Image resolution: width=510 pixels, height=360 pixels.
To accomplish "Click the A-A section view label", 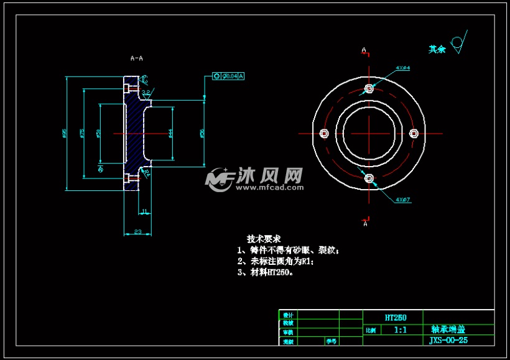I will (136, 58).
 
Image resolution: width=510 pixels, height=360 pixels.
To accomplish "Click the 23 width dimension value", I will (138, 232).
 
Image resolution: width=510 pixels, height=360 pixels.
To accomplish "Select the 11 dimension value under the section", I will (144, 212).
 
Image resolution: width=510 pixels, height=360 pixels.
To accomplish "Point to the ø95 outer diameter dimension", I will (65, 133).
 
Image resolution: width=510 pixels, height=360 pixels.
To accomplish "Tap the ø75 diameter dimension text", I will (82, 133).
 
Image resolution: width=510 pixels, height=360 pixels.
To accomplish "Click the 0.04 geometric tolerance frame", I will (228, 76).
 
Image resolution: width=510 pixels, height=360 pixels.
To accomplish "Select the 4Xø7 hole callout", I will (402, 200).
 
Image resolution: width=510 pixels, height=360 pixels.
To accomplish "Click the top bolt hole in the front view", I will (369, 89).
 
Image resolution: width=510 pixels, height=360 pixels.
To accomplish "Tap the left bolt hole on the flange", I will (323, 133).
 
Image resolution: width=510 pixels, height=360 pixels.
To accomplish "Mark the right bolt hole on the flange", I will (414, 133).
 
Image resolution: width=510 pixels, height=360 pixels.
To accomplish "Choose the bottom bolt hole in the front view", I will (369, 178).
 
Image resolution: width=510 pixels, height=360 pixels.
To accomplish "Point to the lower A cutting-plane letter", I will (365, 224).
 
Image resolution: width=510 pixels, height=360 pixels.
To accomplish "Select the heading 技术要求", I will (264, 239).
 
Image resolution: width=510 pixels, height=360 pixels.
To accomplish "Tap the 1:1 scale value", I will (400, 330).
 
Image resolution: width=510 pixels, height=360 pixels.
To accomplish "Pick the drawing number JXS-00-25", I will (449, 341).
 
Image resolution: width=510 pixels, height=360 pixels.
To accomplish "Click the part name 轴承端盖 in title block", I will (448, 330).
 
